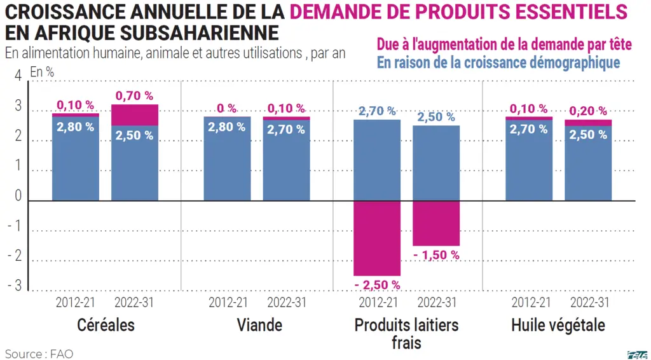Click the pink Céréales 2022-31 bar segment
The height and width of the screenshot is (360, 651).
tap(135, 115)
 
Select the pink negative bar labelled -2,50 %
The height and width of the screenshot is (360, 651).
tap(377, 239)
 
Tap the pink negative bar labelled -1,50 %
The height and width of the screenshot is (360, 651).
tap(436, 223)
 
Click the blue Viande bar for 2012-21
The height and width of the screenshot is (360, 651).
tap(227, 158)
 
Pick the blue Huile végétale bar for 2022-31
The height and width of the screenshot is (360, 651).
tap(588, 163)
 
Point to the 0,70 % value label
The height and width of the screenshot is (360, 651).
tap(135, 96)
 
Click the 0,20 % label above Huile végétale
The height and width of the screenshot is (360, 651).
tap(588, 111)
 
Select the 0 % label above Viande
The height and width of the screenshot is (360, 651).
tap(227, 108)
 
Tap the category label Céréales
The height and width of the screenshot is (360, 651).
tap(106, 325)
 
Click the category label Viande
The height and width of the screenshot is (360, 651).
tap(259, 325)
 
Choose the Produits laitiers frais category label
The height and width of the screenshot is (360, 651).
tap(406, 334)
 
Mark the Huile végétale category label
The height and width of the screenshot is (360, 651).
tap(558, 325)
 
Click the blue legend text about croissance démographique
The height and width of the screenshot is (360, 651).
tap(498, 62)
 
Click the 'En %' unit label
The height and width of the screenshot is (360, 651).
tap(42, 72)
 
